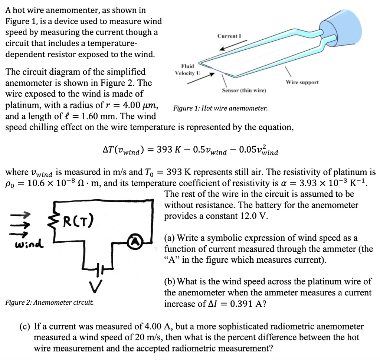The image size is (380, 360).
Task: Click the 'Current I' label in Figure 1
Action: [229, 36]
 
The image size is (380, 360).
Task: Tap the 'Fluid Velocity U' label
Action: [187, 69]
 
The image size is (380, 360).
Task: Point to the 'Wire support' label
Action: [302, 82]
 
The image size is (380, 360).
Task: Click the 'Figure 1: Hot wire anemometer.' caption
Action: [220, 108]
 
